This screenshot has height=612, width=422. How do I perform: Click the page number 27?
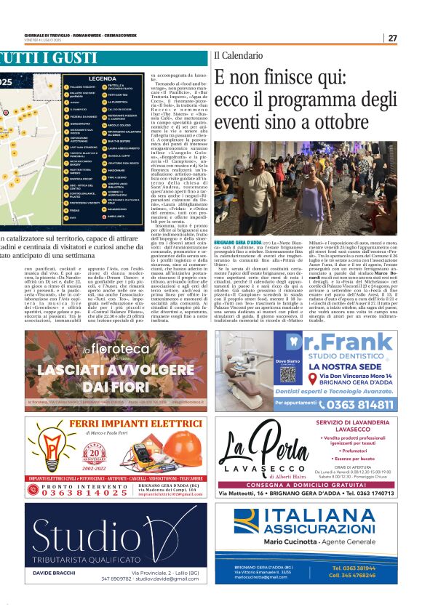point(392,38)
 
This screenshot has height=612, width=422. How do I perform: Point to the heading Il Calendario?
point(237,56)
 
